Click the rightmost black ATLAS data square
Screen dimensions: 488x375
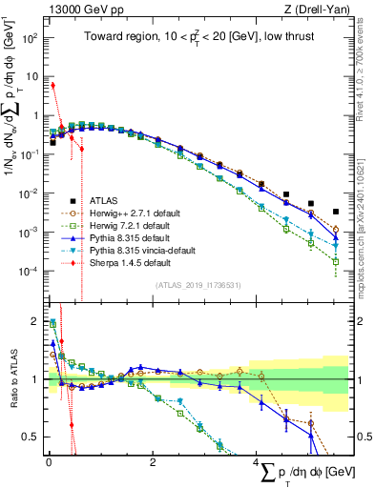335,212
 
